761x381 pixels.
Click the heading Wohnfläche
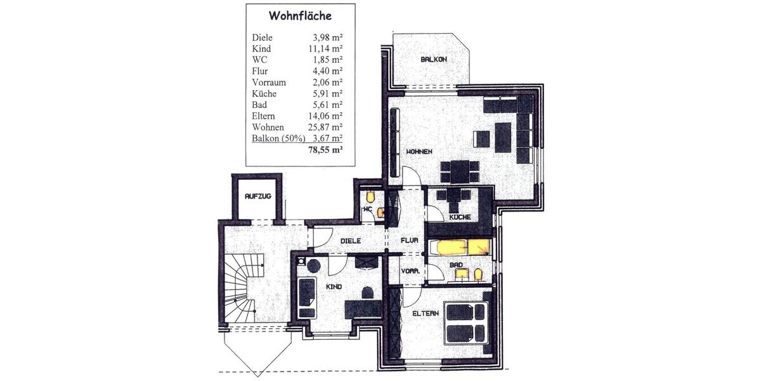(300, 16)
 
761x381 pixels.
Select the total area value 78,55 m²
(325, 150)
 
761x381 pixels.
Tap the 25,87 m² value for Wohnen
(325, 128)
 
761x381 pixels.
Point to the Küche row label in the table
(264, 93)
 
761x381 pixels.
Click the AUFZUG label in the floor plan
(258, 197)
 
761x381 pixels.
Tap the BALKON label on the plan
(434, 60)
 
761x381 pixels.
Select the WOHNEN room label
(419, 152)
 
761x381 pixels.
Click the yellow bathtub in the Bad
(460, 246)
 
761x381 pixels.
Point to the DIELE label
(350, 241)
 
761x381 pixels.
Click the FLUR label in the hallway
(408, 241)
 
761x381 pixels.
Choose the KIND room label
(334, 287)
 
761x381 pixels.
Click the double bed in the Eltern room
(466, 323)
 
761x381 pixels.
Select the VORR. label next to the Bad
(409, 271)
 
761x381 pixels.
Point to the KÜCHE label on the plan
(459, 218)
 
